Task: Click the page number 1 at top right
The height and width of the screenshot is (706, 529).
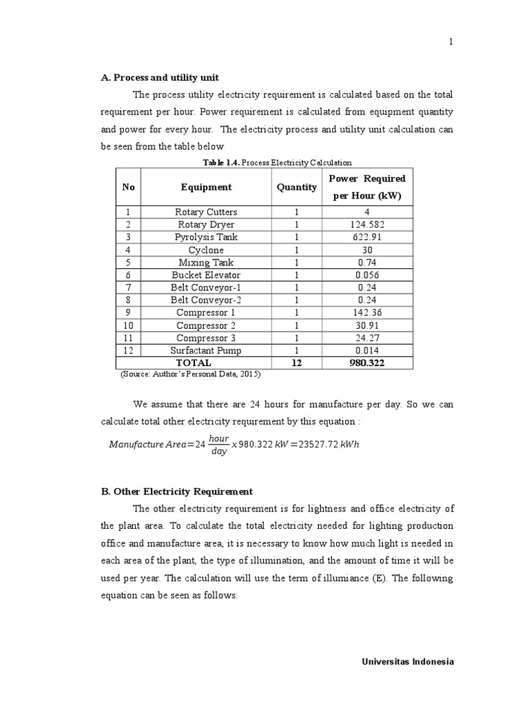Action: coord(451,41)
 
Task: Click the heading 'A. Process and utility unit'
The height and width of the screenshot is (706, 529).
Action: coord(160,77)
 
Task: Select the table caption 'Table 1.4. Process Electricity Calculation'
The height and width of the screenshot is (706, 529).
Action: coord(277,163)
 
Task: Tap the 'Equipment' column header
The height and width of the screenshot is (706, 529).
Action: coord(206,187)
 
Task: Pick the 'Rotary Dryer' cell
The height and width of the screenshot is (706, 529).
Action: coord(206,225)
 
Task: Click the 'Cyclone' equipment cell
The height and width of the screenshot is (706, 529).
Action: coord(206,250)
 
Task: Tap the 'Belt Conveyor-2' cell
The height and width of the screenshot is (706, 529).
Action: coord(206,300)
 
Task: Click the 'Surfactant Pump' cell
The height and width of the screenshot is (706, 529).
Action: coord(206,350)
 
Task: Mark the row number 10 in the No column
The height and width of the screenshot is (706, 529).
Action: coord(128,325)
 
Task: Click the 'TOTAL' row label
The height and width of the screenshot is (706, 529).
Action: coord(194,363)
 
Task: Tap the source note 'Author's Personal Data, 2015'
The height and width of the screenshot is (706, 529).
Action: coord(191,374)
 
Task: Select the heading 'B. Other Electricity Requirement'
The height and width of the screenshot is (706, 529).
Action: coord(177,492)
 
